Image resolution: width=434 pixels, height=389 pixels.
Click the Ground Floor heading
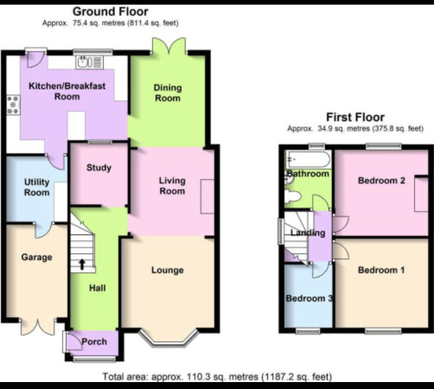click(x=111, y=12)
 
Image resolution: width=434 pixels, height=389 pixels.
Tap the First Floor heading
click(x=355, y=118)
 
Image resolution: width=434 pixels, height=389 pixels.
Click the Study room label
click(x=98, y=168)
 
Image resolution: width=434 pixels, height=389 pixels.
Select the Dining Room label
click(x=167, y=93)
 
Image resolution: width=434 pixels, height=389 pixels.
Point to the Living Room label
click(x=172, y=186)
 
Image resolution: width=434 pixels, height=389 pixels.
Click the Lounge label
click(x=167, y=270)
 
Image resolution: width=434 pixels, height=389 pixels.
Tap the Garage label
click(x=36, y=257)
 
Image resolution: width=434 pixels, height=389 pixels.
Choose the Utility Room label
click(x=36, y=187)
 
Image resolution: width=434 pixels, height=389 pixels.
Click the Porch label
click(x=94, y=341)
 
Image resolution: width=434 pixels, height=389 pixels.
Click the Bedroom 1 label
click(x=381, y=270)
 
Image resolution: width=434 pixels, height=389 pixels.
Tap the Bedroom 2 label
click(x=381, y=180)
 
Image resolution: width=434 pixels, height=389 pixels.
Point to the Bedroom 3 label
click(x=309, y=298)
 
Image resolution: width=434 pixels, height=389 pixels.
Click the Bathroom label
click(x=307, y=174)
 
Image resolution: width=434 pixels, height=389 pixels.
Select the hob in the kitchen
click(x=13, y=105)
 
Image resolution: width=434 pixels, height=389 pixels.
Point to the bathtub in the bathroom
click(x=307, y=159)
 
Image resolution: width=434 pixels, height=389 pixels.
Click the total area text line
click(x=217, y=376)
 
